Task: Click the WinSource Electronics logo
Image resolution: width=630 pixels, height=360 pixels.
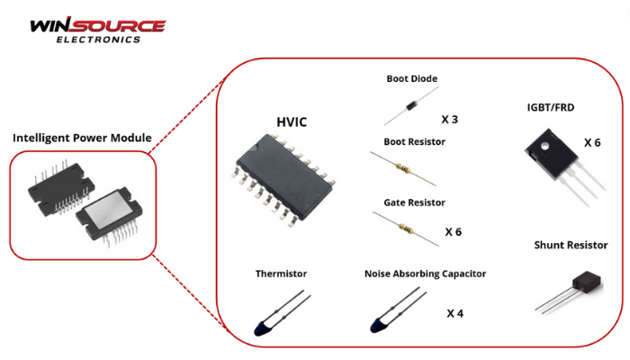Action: (98, 30)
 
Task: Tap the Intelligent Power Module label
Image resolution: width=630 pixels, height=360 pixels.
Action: (82, 138)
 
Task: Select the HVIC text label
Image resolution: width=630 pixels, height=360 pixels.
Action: (292, 121)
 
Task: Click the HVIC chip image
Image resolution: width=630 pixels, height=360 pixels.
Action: (283, 180)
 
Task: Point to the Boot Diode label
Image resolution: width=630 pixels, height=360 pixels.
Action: (412, 79)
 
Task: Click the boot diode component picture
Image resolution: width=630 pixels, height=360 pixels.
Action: (411, 106)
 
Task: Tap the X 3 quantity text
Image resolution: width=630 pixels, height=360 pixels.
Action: (450, 120)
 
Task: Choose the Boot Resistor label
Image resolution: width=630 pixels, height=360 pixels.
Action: (414, 142)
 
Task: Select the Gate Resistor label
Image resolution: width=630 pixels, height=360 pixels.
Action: (414, 202)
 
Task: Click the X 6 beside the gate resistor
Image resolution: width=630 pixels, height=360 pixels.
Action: (454, 232)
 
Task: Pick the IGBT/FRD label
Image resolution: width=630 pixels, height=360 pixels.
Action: (551, 108)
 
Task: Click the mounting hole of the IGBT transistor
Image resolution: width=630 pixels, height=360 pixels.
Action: (544, 146)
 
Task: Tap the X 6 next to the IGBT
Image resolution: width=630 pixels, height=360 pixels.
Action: (592, 142)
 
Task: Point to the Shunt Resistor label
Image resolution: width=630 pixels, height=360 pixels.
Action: (571, 245)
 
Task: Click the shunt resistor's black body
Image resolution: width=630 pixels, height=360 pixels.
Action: (588, 283)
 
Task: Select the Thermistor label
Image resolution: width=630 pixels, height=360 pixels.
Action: (281, 274)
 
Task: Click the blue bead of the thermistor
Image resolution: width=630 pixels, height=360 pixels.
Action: (262, 328)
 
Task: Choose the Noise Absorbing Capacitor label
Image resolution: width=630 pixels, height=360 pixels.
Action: (425, 274)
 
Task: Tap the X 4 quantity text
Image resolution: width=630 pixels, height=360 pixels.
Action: (454, 313)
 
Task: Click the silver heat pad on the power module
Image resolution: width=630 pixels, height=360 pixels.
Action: (109, 209)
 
